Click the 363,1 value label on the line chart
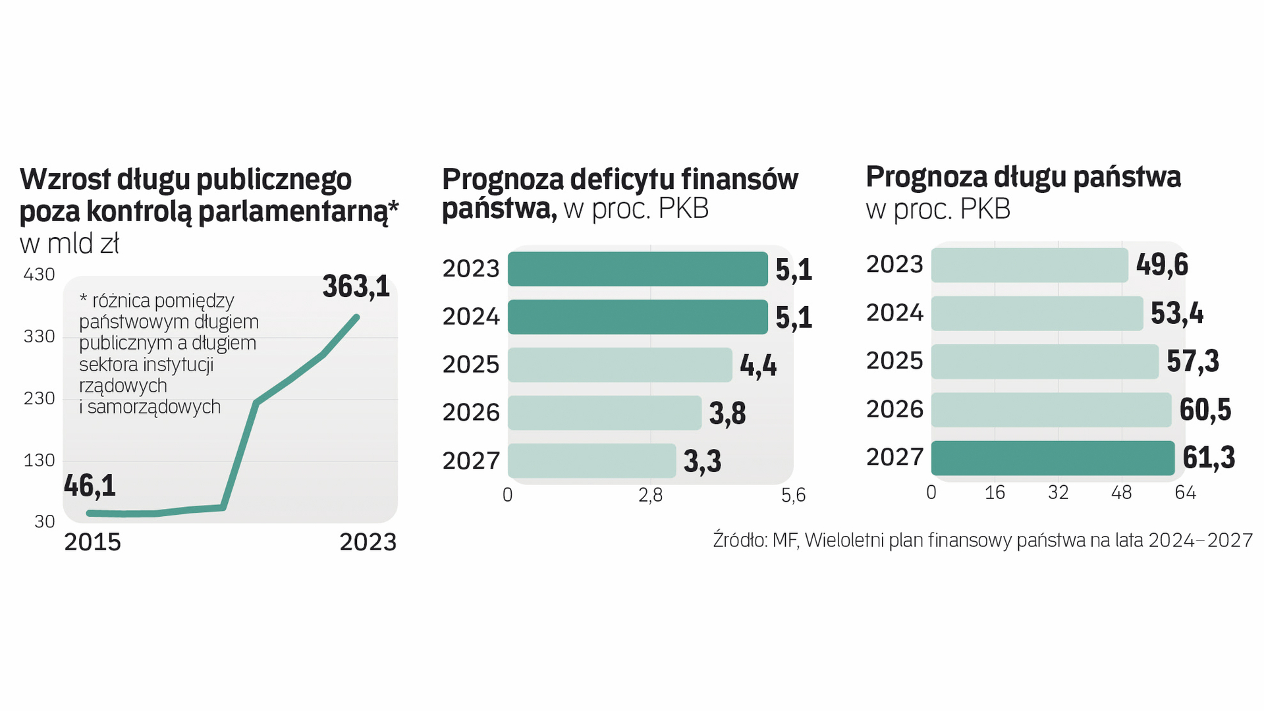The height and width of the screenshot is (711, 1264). (356, 286)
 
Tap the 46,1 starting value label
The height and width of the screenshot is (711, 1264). (90, 486)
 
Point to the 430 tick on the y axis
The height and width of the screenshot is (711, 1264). (39, 275)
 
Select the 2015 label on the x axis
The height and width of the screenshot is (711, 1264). (92, 542)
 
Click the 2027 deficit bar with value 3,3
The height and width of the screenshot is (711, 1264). (591, 461)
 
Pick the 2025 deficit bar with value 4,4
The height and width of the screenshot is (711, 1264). (619, 365)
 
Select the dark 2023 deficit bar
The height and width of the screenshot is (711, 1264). (637, 269)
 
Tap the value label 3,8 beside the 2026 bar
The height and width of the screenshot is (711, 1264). (727, 413)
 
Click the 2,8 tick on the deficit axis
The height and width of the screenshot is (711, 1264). (650, 496)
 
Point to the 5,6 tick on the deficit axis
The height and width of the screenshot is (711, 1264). (793, 496)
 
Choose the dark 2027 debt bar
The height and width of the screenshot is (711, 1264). (1052, 458)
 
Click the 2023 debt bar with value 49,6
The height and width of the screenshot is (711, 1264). (1029, 265)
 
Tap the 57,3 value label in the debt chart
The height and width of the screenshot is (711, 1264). (1192, 361)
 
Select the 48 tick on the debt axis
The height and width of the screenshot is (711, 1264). (1121, 492)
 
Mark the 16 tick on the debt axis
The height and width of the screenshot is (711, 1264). (995, 492)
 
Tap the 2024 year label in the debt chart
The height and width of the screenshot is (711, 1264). (894, 313)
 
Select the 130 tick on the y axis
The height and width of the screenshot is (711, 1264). (39, 460)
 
